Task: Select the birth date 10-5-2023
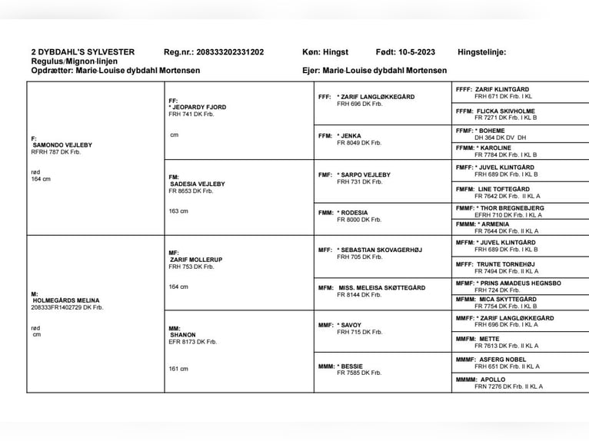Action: (417, 52)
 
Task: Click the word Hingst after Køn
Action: (335, 52)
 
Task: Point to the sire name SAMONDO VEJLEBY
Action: (62, 144)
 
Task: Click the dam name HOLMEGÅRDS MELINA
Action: (65, 300)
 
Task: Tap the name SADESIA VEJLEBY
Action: (197, 184)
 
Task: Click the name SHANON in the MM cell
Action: (183, 335)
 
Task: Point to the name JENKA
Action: (351, 135)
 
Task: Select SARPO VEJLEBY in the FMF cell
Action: (366, 174)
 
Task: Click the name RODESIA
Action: (355, 213)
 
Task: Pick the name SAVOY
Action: (351, 325)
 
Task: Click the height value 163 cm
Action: (178, 211)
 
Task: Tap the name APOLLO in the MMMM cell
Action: (493, 380)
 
